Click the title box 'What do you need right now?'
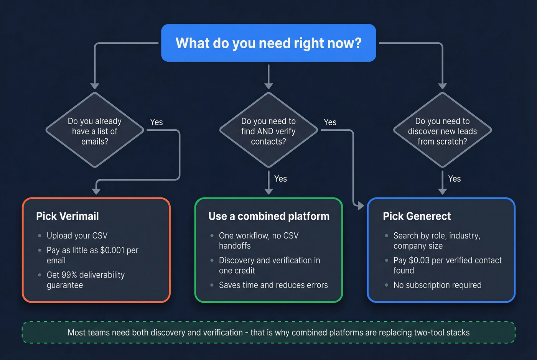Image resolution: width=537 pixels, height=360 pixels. pyautogui.click(x=268, y=43)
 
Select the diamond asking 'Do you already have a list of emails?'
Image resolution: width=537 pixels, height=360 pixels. pyautogui.click(x=95, y=131)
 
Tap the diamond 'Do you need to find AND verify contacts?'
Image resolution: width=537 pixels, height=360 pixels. pyautogui.click(x=268, y=131)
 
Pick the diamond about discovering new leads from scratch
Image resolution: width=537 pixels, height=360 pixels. pyautogui.click(x=442, y=131)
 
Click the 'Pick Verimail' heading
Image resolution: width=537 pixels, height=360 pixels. pyautogui.click(x=68, y=216)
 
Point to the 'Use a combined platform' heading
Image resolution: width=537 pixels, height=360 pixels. pyautogui.click(x=268, y=216)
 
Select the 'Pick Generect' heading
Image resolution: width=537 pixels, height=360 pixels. pyautogui.click(x=417, y=216)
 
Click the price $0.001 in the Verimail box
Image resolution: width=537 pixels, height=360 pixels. pyautogui.click(x=112, y=250)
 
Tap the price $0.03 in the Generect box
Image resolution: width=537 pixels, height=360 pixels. pyautogui.click(x=419, y=260)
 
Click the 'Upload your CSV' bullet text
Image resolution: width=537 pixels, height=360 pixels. pyautogui.click(x=77, y=236)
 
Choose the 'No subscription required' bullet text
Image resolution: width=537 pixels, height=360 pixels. pyautogui.click(x=437, y=285)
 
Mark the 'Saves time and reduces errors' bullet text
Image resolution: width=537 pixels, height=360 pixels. pyautogui.click(x=273, y=285)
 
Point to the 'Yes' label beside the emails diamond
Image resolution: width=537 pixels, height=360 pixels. pyautogui.click(x=156, y=122)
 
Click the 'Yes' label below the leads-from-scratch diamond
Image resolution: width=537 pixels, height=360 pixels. pyautogui.click(x=454, y=179)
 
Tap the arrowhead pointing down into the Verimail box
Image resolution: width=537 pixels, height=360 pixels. pyautogui.click(x=96, y=191)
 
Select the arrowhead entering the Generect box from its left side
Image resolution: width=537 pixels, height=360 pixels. pyautogui.click(x=360, y=206)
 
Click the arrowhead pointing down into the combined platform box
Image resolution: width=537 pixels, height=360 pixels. pyautogui.click(x=268, y=191)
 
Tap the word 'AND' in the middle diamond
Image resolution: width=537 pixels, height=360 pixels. pyautogui.click(x=265, y=132)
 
